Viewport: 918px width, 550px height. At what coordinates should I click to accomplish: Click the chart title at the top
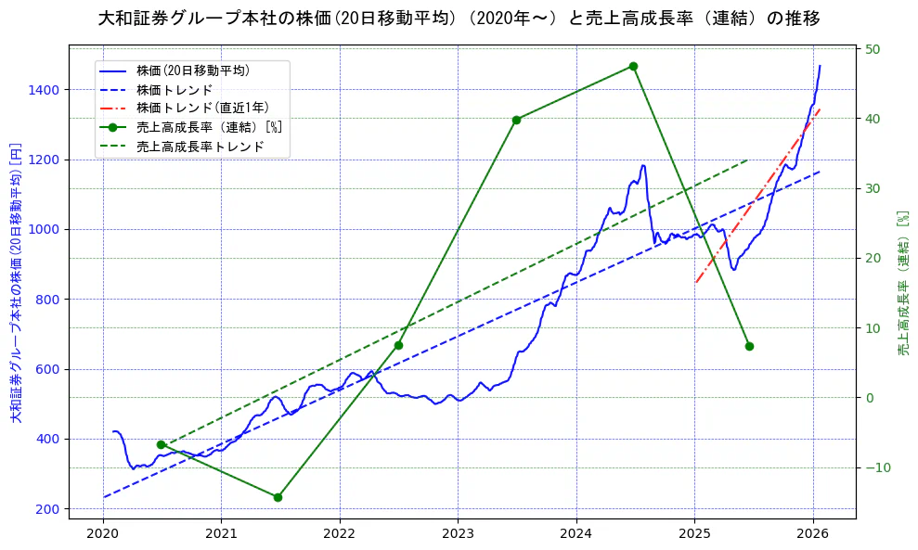[459, 19]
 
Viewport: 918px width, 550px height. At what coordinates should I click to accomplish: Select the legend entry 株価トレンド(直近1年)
[201, 108]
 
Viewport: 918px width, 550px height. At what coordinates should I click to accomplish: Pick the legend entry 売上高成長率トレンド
[200, 147]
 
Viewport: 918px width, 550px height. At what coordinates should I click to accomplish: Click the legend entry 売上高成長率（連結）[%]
[208, 127]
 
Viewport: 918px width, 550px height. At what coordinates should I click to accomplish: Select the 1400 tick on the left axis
[45, 90]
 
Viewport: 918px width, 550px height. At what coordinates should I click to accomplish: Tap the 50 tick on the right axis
[873, 49]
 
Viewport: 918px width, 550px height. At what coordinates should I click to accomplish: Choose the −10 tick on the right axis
[876, 467]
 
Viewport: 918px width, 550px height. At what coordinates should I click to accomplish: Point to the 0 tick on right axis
[870, 398]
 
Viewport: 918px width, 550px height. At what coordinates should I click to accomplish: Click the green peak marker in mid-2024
[633, 66]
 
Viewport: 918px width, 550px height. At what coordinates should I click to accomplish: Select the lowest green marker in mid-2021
[278, 497]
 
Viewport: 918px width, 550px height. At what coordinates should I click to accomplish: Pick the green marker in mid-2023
[516, 120]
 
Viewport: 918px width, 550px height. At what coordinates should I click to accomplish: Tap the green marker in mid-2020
[161, 445]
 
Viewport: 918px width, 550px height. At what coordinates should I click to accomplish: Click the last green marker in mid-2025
[749, 346]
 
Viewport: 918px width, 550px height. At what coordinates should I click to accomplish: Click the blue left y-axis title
[15, 283]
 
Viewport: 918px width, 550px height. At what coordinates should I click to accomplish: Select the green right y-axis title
[903, 283]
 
